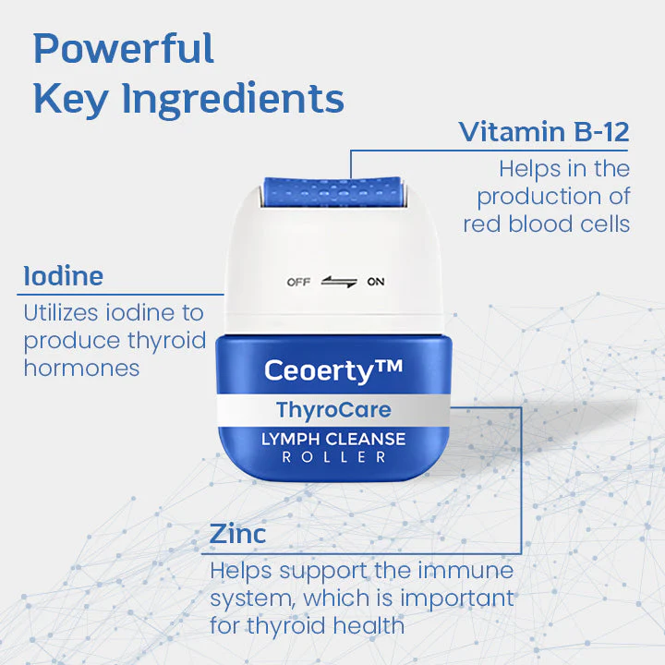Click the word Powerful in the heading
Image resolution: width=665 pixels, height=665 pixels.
[123, 49]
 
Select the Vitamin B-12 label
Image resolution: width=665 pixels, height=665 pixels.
[544, 132]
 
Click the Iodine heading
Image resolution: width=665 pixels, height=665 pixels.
[64, 276]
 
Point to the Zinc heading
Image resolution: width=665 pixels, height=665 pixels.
[237, 534]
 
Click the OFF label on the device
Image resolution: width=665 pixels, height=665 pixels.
[298, 282]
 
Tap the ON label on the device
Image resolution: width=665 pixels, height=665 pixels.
[376, 282]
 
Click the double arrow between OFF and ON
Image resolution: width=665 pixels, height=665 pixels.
[338, 282]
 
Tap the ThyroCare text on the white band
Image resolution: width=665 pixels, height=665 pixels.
[333, 410]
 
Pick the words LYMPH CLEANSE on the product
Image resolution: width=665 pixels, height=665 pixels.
[333, 439]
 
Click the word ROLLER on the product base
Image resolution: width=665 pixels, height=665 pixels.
[333, 457]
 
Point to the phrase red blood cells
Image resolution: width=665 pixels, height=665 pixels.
[547, 224]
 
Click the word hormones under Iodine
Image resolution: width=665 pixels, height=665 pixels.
[81, 368]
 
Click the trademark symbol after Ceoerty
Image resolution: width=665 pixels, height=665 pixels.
[390, 367]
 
